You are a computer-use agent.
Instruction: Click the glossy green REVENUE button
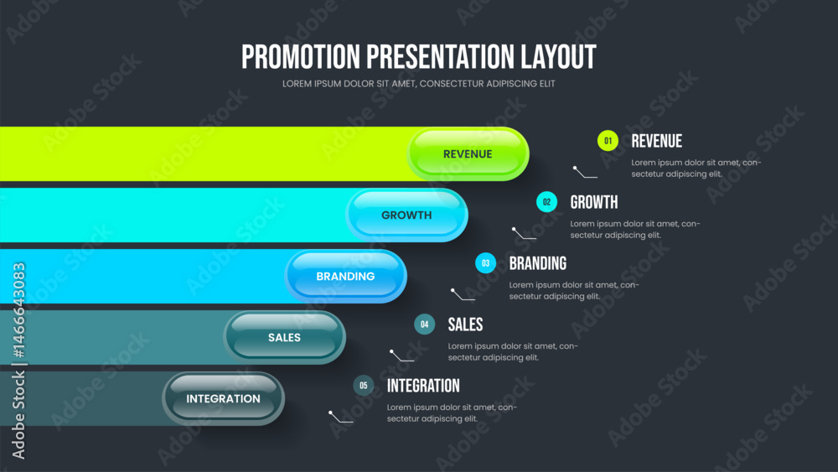pyautogui.click(x=468, y=154)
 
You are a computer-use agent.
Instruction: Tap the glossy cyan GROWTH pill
pyautogui.click(x=406, y=215)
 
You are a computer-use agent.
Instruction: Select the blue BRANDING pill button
pyautogui.click(x=346, y=277)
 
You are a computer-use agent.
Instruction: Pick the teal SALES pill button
pyautogui.click(x=284, y=337)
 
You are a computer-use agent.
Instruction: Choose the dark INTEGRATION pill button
pyautogui.click(x=224, y=399)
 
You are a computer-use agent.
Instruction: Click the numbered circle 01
pyautogui.click(x=608, y=141)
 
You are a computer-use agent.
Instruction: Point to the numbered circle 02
pyautogui.click(x=546, y=202)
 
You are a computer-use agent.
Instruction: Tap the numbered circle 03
pyautogui.click(x=486, y=263)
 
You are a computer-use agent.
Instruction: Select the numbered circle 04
pyautogui.click(x=424, y=324)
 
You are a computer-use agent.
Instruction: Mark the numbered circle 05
pyautogui.click(x=364, y=386)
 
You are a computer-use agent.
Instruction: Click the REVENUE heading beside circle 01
pyautogui.click(x=657, y=141)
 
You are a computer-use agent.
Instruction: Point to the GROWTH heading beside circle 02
pyautogui.click(x=594, y=202)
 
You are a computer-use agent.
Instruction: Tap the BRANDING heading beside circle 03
pyautogui.click(x=538, y=263)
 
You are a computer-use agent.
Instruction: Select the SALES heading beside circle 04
pyautogui.click(x=465, y=324)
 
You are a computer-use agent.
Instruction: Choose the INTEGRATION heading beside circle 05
pyautogui.click(x=423, y=386)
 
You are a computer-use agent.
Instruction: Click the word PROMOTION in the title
pyautogui.click(x=301, y=57)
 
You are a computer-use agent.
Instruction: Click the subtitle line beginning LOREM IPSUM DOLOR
pyautogui.click(x=418, y=84)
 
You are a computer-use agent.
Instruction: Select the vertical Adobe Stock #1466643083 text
pyautogui.click(x=18, y=360)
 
